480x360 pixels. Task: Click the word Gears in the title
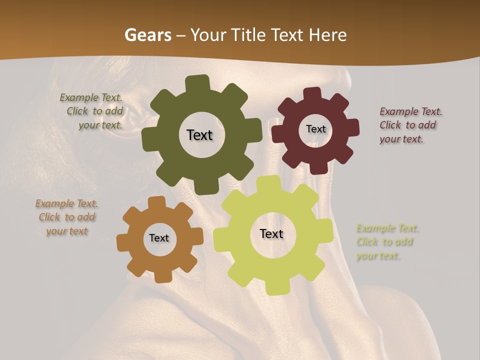tap(145, 35)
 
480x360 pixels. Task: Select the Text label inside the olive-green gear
tap(199, 135)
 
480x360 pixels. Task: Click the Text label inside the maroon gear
tap(315, 129)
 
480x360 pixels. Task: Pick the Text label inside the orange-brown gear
tap(159, 238)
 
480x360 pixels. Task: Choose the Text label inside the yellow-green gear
tap(271, 234)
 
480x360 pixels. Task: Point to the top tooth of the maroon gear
tap(312, 94)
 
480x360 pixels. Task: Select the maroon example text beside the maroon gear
tap(409, 125)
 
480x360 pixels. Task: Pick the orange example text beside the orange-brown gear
tap(67, 217)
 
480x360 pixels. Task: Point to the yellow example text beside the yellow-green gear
tap(386, 242)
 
